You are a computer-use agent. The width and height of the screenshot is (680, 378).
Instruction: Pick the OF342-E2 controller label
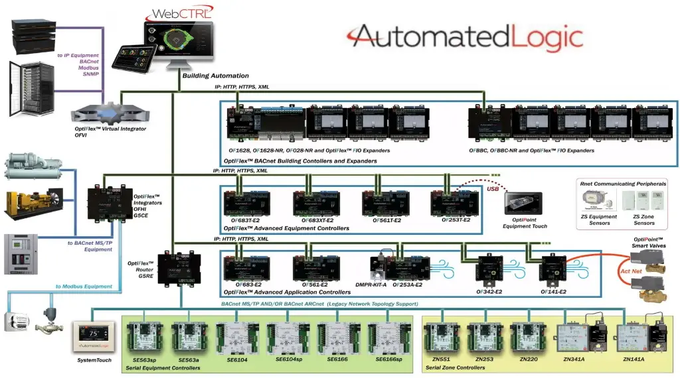491,291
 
